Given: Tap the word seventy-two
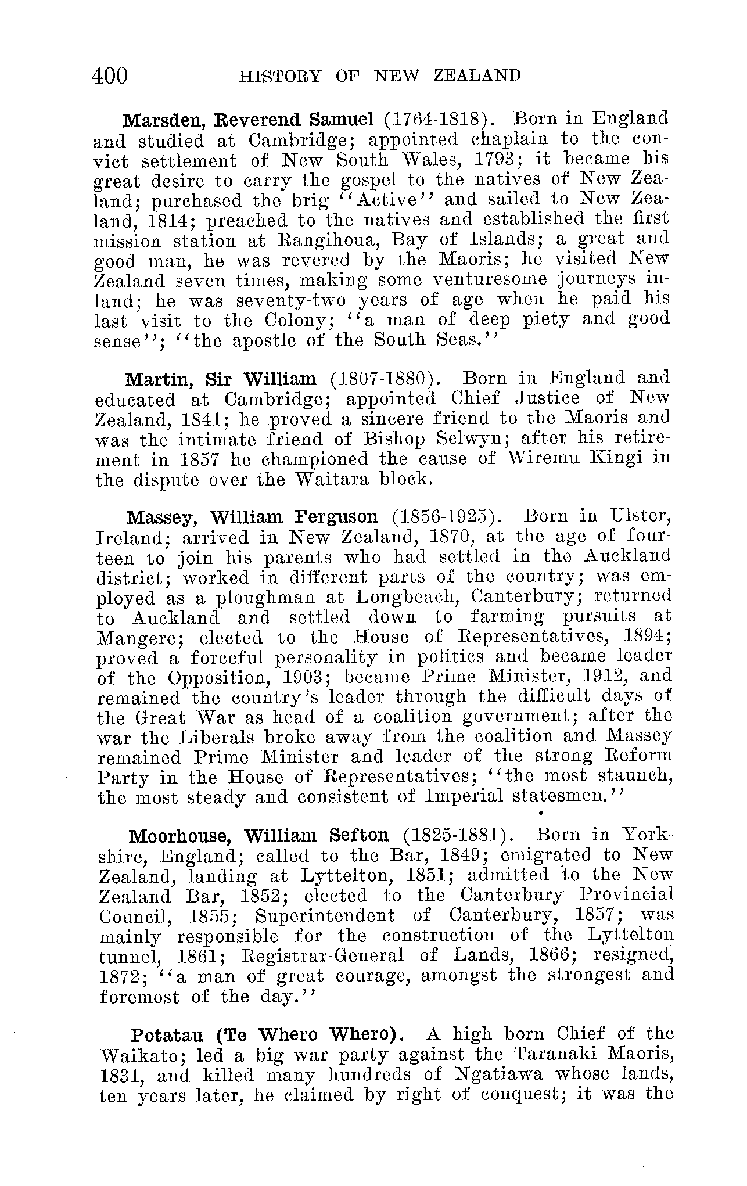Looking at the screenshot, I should click(x=291, y=300).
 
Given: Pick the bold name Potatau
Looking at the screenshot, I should click(x=167, y=1036).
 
